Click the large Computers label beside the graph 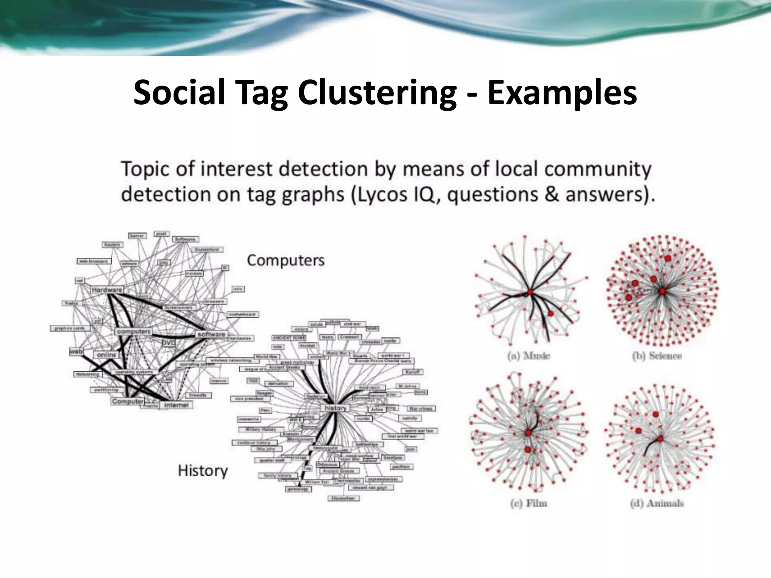[286, 260]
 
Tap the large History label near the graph [203, 471]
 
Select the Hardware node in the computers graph [107, 290]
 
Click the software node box [211, 334]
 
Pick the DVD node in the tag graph [168, 343]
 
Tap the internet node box [176, 405]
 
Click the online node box [107, 355]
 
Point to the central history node [335, 408]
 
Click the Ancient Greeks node [284, 367]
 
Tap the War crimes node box [421, 408]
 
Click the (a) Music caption [529, 356]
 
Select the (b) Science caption [657, 356]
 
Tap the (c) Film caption [529, 503]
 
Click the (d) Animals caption [657, 503]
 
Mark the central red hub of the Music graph [530, 292]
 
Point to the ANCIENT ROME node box [289, 338]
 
